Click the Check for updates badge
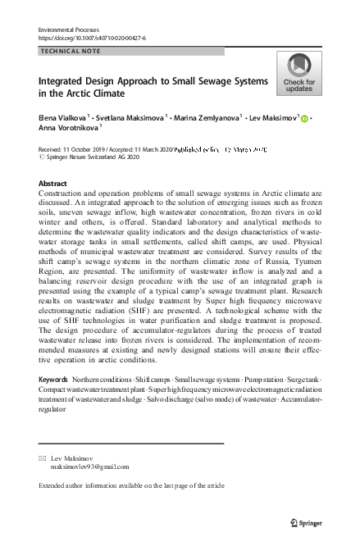tap(299, 72)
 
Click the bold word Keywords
tap(53, 380)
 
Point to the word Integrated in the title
tap(63, 82)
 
